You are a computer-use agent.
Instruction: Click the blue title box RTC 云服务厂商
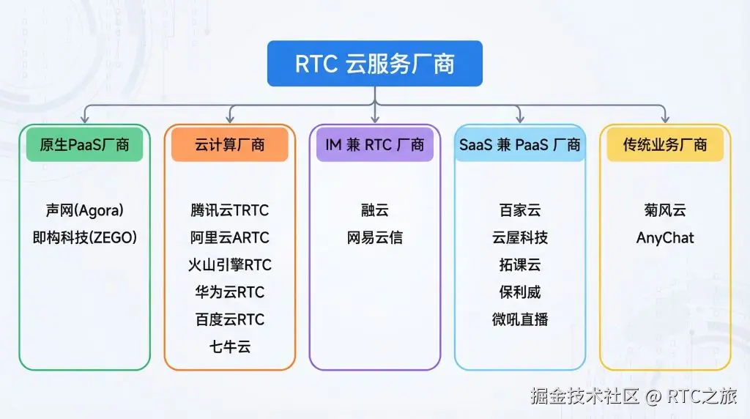374,64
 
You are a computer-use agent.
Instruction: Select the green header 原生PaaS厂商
84,144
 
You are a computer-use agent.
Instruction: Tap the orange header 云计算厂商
229,144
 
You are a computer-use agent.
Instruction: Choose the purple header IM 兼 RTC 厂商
374,144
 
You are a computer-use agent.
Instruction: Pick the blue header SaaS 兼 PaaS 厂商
520,144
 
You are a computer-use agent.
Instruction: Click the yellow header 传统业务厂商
665,144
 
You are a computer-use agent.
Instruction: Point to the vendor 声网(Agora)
84,210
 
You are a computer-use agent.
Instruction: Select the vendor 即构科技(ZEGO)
84,237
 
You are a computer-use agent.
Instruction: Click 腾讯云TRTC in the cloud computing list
229,210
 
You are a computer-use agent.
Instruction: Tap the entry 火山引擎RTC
229,264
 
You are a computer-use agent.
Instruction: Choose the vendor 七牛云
229,346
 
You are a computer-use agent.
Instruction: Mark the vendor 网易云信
374,237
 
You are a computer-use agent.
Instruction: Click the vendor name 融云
374,210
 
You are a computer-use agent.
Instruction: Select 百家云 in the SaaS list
520,210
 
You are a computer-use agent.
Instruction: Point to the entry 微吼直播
520,319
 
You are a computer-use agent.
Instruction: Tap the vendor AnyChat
665,237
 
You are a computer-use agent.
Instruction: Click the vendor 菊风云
665,210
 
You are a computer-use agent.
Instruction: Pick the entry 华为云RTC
229,292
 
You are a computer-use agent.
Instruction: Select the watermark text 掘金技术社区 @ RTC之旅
634,396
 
